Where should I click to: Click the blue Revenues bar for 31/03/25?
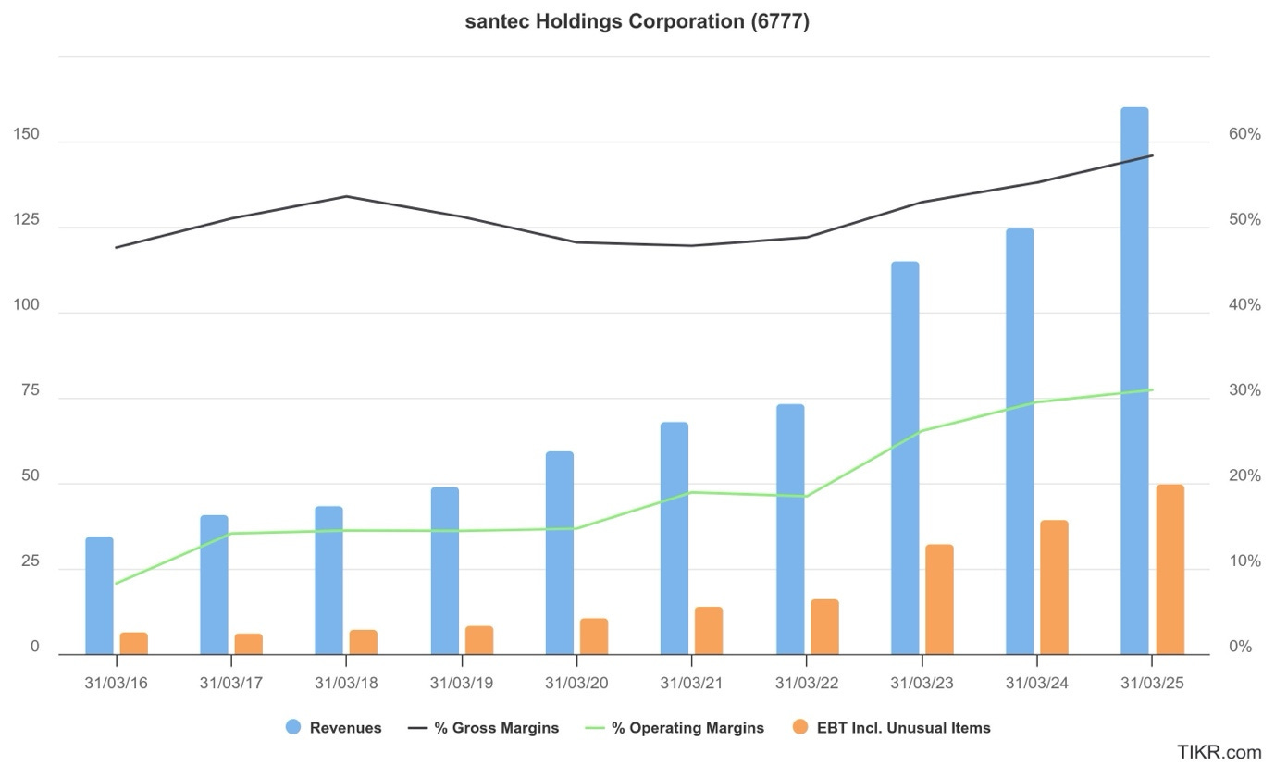click(1134, 380)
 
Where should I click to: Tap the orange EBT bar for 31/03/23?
click(939, 598)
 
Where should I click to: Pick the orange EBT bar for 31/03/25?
click(1170, 569)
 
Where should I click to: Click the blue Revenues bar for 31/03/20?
click(560, 552)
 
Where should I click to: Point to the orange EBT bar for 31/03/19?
click(479, 639)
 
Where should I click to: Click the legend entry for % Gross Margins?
click(496, 728)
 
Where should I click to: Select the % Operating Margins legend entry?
click(687, 728)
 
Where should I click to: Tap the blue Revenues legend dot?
click(293, 727)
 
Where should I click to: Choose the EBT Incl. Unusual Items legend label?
click(903, 728)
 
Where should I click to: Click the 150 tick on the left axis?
click(27, 135)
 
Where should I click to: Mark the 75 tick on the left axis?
click(31, 391)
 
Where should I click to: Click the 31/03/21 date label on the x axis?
click(691, 683)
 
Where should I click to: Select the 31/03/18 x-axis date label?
click(346, 683)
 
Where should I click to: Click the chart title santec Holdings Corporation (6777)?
click(637, 22)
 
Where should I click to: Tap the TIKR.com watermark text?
click(1219, 752)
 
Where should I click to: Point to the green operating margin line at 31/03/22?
click(806, 497)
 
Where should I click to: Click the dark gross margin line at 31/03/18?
click(346, 196)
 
